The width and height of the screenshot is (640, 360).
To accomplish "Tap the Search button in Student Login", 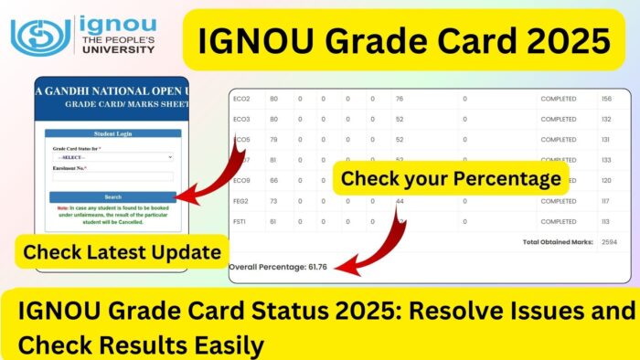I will click(112, 196).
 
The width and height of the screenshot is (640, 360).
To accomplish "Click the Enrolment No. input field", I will click(112, 177).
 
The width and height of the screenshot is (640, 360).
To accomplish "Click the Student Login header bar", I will click(112, 133).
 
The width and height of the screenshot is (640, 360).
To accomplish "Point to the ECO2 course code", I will click(242, 98).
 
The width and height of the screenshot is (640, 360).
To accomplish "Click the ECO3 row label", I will click(242, 118).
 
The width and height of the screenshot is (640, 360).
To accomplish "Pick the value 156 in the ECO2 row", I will click(605, 98).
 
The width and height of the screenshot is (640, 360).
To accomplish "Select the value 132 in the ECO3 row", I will click(605, 118).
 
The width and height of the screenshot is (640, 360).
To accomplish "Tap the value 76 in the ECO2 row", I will click(399, 98).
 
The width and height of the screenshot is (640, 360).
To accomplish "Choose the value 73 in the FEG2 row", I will click(272, 200).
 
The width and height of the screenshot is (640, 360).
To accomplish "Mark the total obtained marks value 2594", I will click(608, 242).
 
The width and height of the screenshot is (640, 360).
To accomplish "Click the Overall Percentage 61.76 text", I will click(278, 267).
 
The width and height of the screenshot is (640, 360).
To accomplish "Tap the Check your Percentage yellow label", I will click(451, 179).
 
